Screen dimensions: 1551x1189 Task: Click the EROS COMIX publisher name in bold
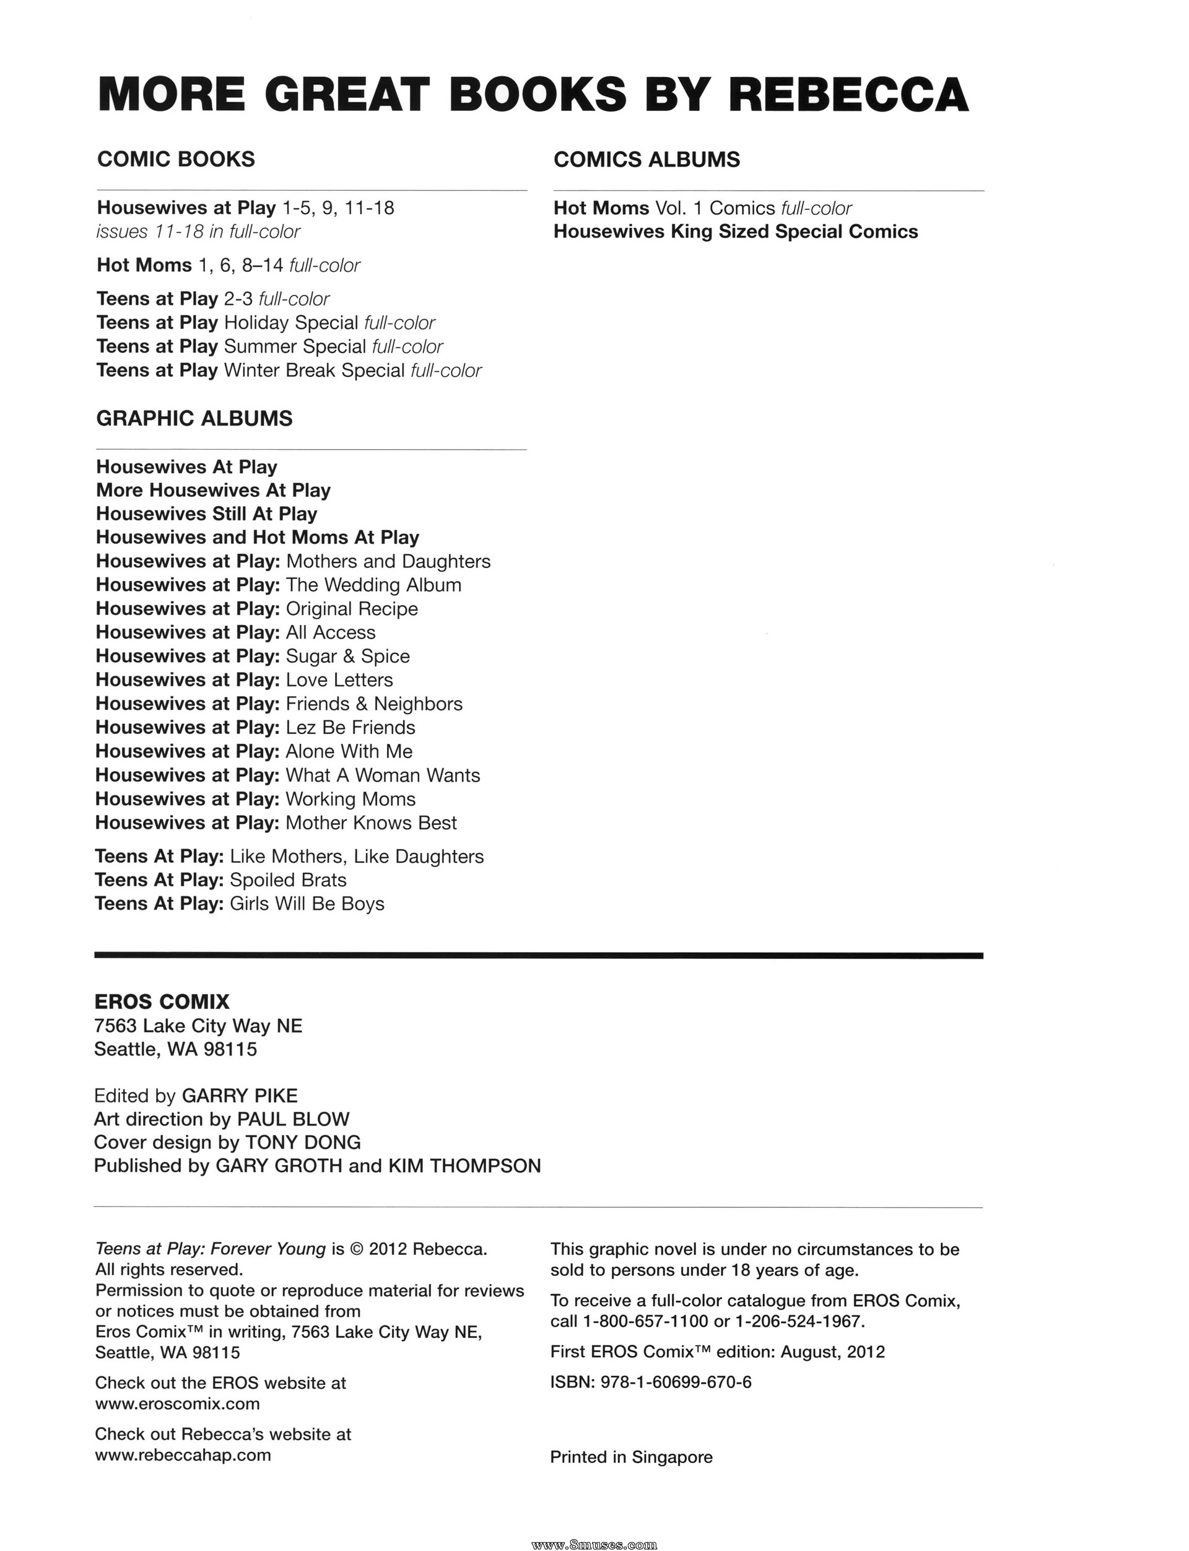[x=162, y=1002]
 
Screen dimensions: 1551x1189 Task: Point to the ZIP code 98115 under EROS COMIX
[x=230, y=1049]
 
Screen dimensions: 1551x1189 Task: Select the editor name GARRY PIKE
[x=240, y=1096]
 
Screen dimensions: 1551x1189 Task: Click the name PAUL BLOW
[x=293, y=1119]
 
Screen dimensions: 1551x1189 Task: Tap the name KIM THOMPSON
[x=464, y=1166]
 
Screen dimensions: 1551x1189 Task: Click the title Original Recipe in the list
[x=352, y=609]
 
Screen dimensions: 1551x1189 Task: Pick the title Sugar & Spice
[x=347, y=656]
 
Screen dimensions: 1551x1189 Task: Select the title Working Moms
[x=351, y=799]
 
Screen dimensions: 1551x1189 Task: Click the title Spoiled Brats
[x=288, y=880]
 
